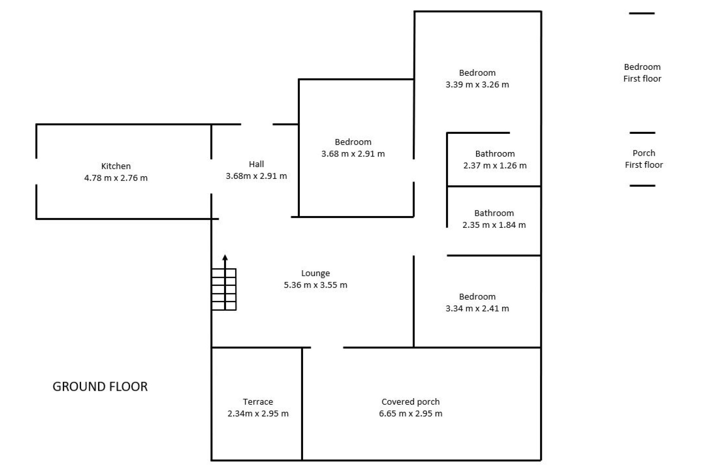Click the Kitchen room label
pos(116,166)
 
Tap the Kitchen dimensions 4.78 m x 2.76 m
pos(116,178)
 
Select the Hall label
pos(256,164)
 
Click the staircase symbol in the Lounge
pos(224,289)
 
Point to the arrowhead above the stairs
pos(225,257)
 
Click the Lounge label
pos(316,273)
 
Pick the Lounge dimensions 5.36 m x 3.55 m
pos(316,285)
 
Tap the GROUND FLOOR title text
pos(100,386)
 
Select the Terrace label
pos(258,402)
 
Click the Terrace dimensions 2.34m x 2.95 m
pos(258,414)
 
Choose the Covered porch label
pos(411,402)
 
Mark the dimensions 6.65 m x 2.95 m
pos(411,414)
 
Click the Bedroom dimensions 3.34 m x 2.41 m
pos(477,309)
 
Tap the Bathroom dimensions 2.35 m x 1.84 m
pos(494,225)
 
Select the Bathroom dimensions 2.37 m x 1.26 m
pos(495,166)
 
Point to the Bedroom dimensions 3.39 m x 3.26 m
pos(477,84)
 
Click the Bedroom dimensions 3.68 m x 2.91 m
pos(353,154)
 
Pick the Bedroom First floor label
pos(642,73)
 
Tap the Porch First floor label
pos(644,159)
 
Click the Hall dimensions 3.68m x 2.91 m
pos(256,176)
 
